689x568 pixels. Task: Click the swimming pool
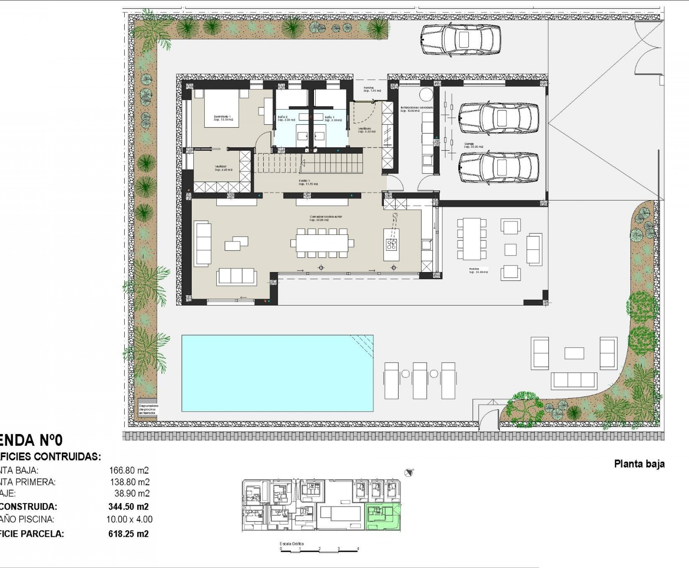coord(277,373)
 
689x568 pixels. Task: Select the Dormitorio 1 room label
coord(222,117)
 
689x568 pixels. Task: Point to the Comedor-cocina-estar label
coord(326,217)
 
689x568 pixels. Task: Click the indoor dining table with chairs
coord(322,243)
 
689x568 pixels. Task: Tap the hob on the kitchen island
coord(391,244)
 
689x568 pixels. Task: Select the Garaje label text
coord(469,144)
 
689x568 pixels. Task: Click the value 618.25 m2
coord(128,534)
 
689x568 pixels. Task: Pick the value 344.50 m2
coord(128,506)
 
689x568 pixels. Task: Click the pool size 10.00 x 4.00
coord(129,519)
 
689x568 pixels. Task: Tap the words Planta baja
coord(639,464)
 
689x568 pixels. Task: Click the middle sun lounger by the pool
coord(420,381)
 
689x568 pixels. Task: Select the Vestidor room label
coord(221,167)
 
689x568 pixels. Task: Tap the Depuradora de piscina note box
coord(148,409)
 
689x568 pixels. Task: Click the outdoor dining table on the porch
coord(472,239)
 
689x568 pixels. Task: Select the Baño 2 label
coord(283,117)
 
